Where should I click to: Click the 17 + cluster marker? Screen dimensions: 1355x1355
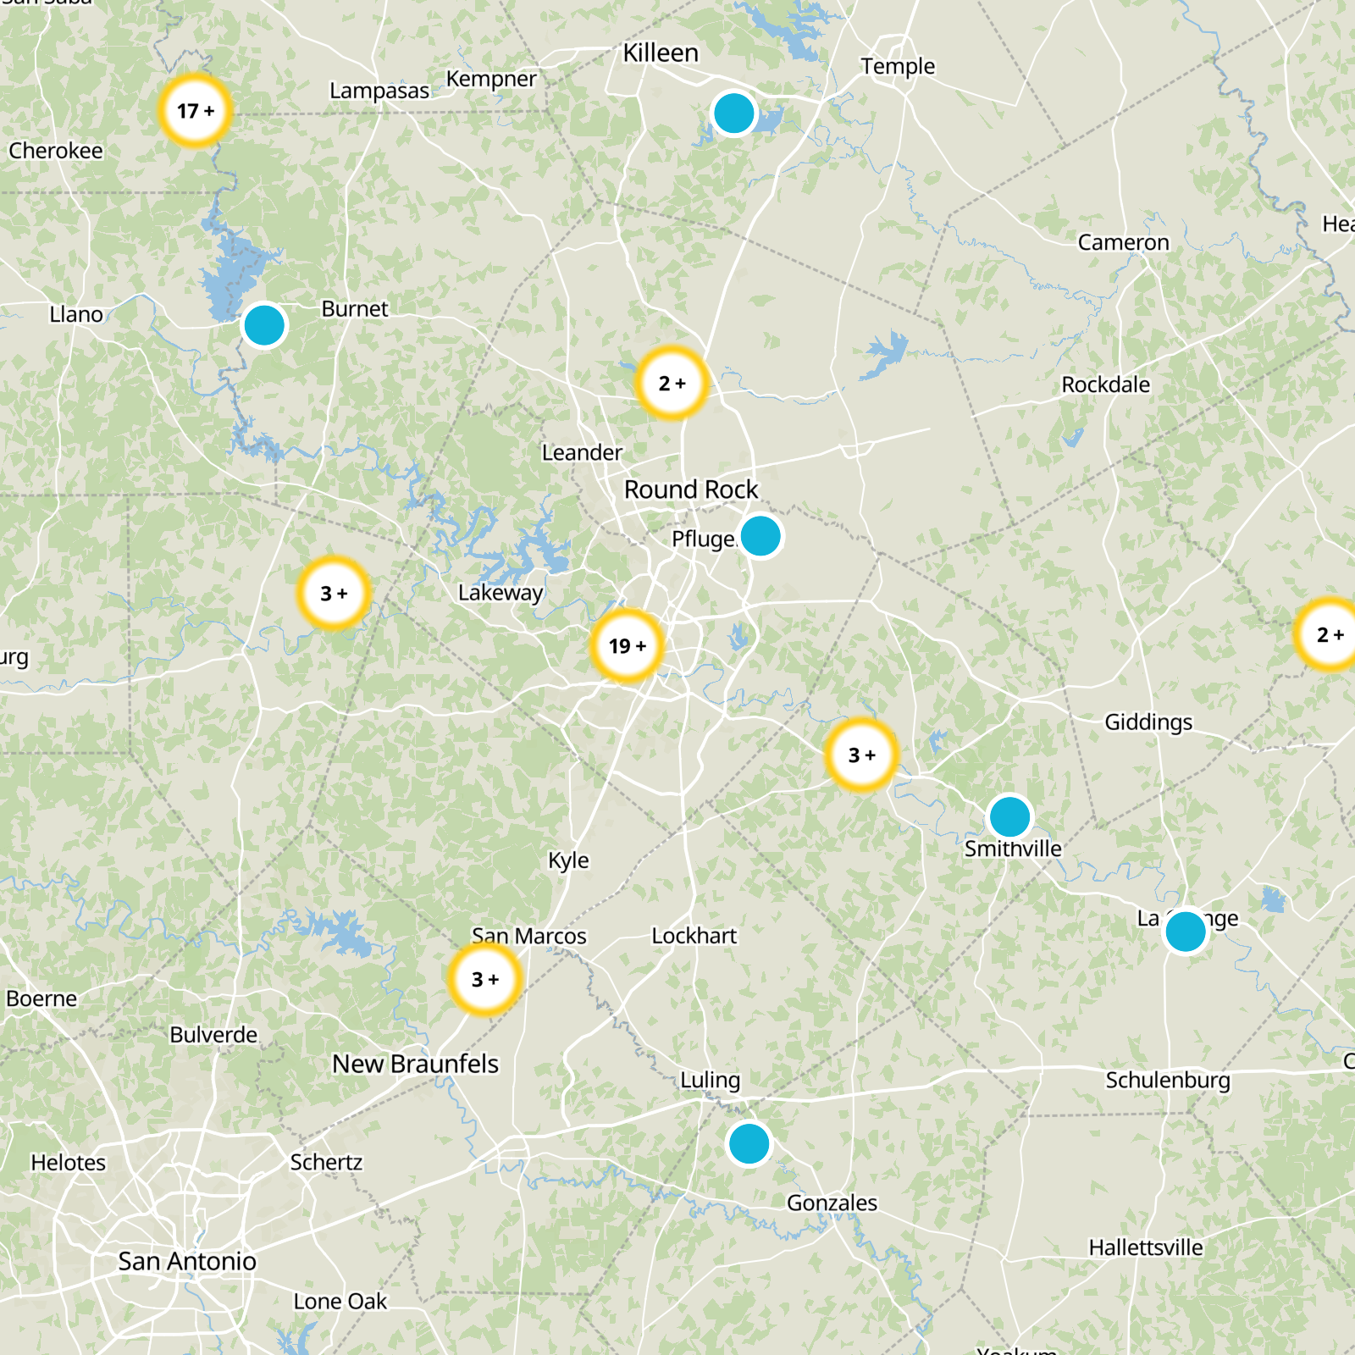(x=196, y=111)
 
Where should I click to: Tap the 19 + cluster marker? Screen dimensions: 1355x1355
(x=627, y=646)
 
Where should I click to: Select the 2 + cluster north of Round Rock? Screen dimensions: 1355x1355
(x=672, y=384)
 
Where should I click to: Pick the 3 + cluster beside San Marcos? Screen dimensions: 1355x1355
(x=485, y=979)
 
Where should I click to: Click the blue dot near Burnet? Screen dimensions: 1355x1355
(x=264, y=325)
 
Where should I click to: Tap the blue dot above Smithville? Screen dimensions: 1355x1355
(x=1009, y=817)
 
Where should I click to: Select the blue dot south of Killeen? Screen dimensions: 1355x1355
(x=733, y=113)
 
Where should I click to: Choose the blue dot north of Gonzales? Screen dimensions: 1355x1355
(x=749, y=1143)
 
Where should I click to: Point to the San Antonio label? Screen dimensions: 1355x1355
(x=187, y=1261)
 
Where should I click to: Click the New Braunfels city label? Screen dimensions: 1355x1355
(x=415, y=1064)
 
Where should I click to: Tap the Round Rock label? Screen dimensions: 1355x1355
(x=691, y=489)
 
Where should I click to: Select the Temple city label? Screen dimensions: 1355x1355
(x=898, y=66)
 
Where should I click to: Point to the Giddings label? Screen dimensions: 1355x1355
(x=1148, y=722)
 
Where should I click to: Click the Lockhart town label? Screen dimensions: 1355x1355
(x=694, y=936)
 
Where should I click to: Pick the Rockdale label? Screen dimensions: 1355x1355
(x=1106, y=384)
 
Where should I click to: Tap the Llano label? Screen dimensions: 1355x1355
(x=76, y=314)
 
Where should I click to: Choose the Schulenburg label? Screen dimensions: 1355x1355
(x=1168, y=1080)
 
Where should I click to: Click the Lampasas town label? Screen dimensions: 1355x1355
(x=379, y=91)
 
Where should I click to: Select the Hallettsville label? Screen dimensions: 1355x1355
(x=1146, y=1247)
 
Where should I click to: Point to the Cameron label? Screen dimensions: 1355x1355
(x=1123, y=242)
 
